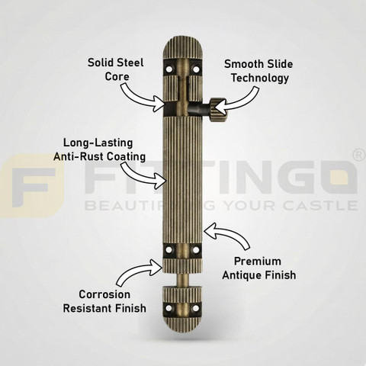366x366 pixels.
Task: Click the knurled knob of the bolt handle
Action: (218, 110)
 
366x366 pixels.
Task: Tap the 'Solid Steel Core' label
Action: (116, 69)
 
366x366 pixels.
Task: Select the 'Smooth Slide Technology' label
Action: (258, 71)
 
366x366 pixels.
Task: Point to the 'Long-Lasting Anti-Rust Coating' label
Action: (99, 149)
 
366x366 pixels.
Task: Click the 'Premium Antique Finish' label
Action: (259, 268)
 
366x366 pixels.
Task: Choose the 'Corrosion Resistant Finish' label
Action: (104, 301)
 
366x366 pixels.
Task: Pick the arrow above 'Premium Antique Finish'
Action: (227, 235)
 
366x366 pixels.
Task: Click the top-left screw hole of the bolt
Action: (169, 69)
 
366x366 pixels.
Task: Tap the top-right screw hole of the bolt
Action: (196, 69)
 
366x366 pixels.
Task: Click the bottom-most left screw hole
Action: (169, 308)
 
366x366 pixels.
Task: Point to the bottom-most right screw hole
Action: (196, 308)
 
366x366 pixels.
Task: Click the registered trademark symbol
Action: (360, 155)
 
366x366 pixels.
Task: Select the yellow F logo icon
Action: (32, 186)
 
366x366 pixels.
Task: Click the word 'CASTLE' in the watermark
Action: (321, 205)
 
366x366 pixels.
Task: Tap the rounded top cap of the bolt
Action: (182, 48)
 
